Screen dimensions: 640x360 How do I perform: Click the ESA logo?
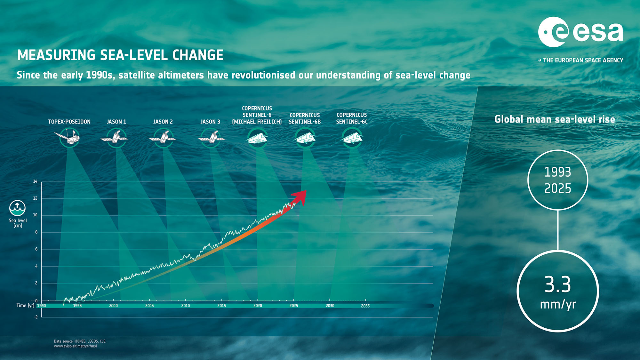[580, 32]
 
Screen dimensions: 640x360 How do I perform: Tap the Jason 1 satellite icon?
[115, 138]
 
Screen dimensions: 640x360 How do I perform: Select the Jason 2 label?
[163, 122]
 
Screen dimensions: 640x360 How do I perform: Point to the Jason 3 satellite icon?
[211, 138]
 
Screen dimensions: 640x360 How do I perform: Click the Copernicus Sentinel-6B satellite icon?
[305, 138]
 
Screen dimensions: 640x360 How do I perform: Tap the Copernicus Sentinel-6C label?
[352, 118]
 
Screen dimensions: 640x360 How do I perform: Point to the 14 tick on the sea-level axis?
[35, 181]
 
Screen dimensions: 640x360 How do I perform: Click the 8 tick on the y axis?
[36, 232]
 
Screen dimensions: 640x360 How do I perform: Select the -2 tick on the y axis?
[36, 317]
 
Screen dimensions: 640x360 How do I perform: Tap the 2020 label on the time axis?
[258, 306]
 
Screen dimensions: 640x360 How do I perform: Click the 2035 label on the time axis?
[365, 306]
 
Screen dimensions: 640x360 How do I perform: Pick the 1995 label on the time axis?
[77, 306]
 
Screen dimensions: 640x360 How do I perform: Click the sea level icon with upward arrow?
[17, 208]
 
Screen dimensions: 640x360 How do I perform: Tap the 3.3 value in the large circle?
[558, 284]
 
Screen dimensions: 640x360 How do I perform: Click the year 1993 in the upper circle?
[558, 172]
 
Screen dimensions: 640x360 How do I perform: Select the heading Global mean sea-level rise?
[555, 119]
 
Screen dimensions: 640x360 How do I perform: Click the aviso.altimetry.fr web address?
[75, 346]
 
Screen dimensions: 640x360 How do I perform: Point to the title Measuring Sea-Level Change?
[120, 55]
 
